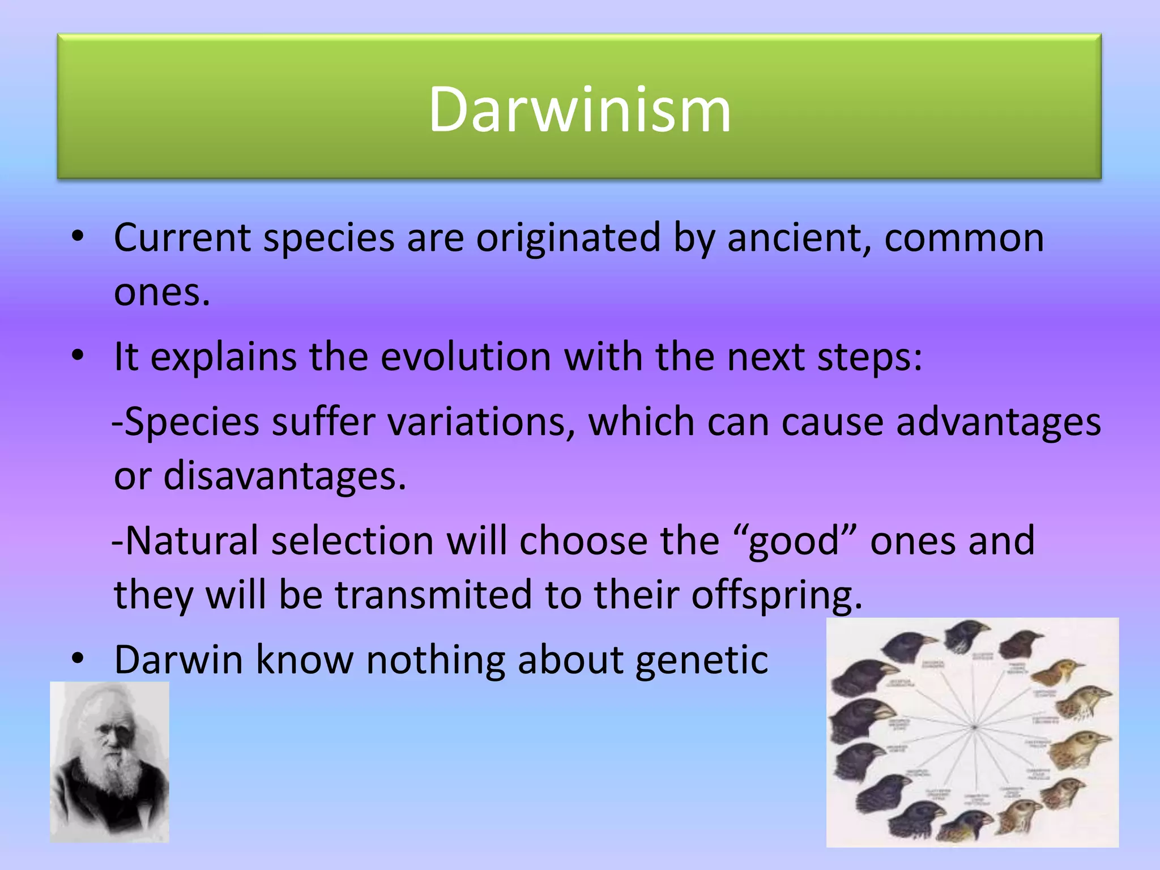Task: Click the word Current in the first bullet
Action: [182, 238]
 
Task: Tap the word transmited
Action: [433, 595]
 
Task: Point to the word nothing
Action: [436, 660]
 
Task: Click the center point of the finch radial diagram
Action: [974, 726]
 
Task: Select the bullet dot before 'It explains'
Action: [78, 356]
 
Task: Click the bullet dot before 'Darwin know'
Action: [78, 658]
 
